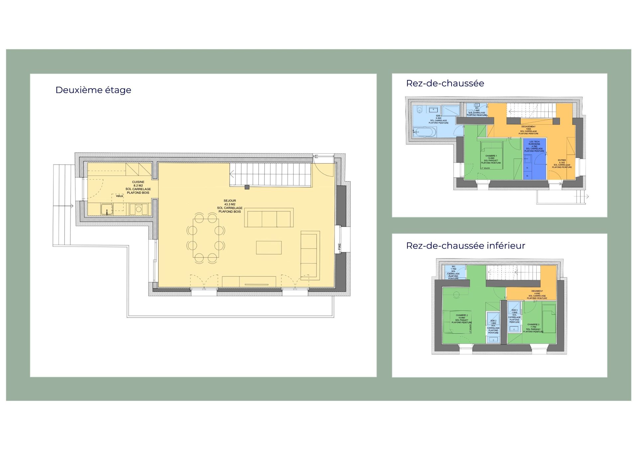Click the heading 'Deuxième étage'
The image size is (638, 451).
click(x=93, y=90)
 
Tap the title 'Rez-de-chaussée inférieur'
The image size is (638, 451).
click(x=466, y=246)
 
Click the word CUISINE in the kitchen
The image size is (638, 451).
click(x=138, y=182)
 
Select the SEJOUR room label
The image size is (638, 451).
click(x=230, y=201)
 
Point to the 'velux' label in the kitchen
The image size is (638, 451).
click(x=119, y=196)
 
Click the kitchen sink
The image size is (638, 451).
click(x=107, y=210)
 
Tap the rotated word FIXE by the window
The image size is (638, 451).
click(x=339, y=247)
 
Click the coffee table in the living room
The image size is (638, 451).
click(x=269, y=248)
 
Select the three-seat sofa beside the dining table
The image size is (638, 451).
click(x=269, y=218)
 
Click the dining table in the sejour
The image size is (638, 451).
click(x=206, y=238)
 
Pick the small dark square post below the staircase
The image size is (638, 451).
click(x=247, y=187)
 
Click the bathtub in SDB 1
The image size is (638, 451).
click(x=424, y=132)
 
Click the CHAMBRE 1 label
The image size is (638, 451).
click(x=491, y=156)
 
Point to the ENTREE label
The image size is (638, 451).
click(x=562, y=160)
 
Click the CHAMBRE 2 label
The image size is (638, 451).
click(x=462, y=315)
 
